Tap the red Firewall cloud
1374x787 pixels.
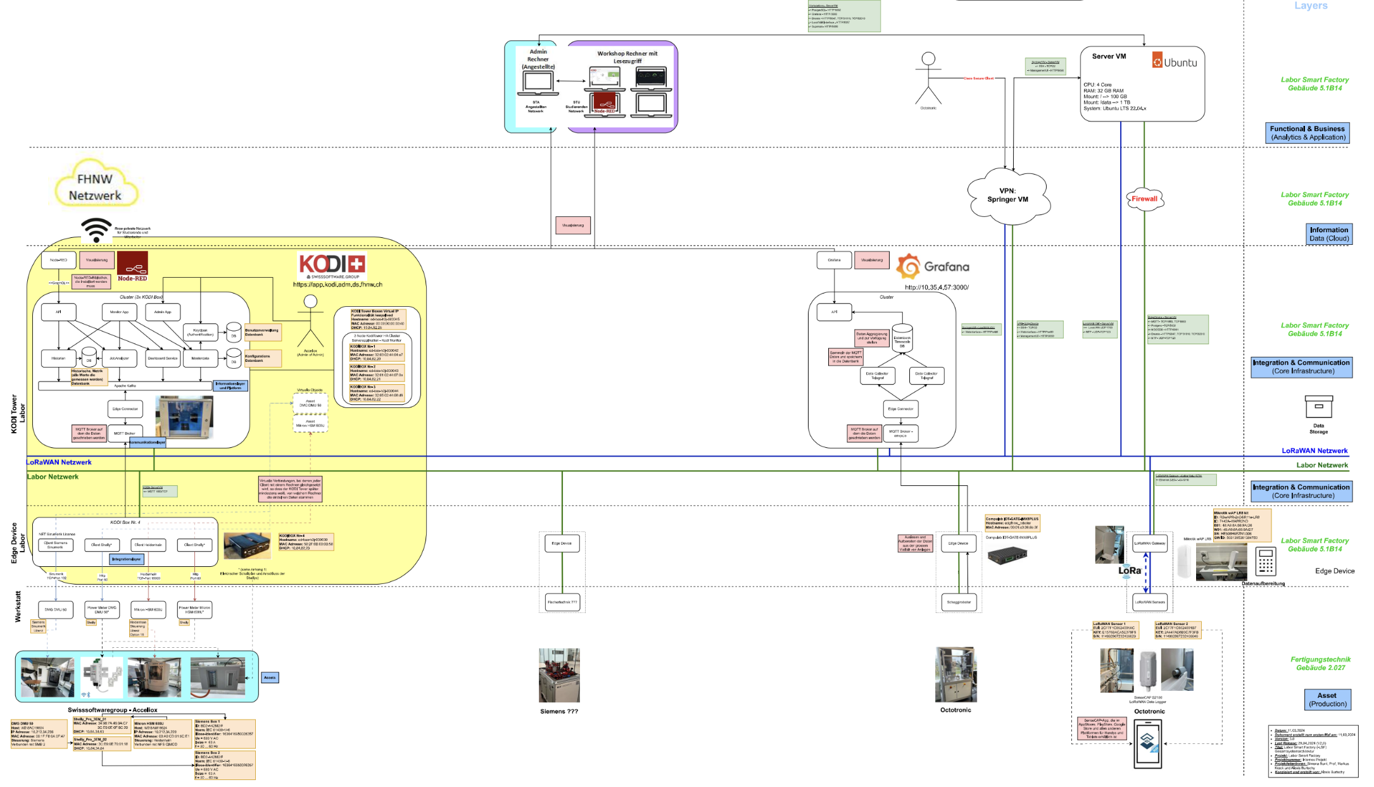pos(1144,199)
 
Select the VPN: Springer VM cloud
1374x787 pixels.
pos(1007,195)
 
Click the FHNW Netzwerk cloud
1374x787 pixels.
pos(95,187)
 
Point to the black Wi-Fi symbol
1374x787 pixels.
pos(96,230)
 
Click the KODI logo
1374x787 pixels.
pos(332,264)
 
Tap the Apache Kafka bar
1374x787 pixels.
pos(125,385)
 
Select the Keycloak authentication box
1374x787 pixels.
pos(201,332)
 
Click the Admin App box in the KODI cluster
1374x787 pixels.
pos(163,312)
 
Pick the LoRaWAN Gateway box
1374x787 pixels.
pos(1150,543)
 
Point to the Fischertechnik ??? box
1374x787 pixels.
pos(562,602)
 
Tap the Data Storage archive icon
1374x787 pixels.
pos(1319,407)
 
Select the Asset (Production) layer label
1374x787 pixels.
pos(1328,699)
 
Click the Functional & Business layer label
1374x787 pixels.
pos(1308,133)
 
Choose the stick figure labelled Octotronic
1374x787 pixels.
pos(928,78)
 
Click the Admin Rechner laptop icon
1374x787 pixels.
pos(538,83)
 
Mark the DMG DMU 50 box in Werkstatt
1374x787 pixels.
pos(56,610)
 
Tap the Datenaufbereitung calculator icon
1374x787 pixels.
pos(1266,561)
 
